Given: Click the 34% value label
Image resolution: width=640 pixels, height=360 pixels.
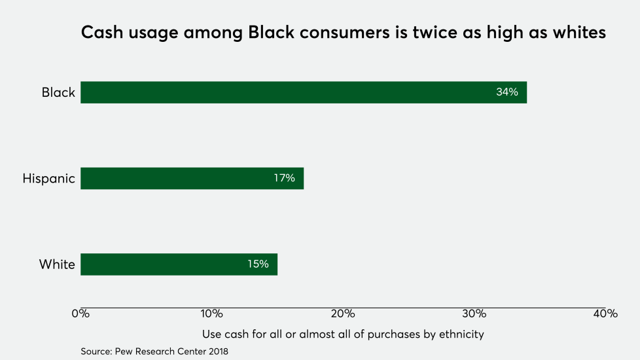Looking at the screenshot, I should coord(507,92).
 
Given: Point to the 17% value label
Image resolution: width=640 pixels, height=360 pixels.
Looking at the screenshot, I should coord(285,178).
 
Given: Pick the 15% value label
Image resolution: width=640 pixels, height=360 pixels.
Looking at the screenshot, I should coord(258,264).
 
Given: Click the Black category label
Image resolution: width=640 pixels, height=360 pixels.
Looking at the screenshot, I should coord(58,92).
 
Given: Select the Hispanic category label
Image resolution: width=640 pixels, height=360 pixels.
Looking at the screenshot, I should coord(49,178).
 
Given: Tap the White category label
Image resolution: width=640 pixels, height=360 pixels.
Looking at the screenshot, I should coord(57,264).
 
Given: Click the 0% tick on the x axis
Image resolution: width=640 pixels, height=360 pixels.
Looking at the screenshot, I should coord(80,314).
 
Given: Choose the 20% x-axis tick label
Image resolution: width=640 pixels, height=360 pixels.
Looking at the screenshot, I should coord(343,314).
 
